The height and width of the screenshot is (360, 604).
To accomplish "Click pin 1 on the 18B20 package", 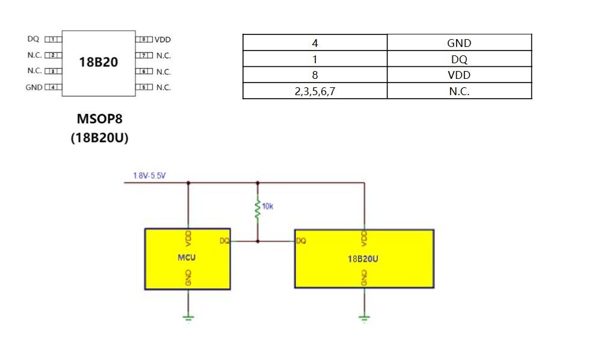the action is point(53,39).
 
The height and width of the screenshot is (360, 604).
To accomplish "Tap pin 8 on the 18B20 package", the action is point(144,39).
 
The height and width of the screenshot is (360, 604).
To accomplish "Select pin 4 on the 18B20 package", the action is point(53,87).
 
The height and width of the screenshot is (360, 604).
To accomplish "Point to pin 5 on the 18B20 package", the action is point(144,87).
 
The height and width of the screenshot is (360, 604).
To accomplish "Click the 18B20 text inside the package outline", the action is point(99,62).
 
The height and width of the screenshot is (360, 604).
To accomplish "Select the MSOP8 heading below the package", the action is point(99,119).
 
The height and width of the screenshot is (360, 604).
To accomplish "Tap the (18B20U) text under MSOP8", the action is point(99,138).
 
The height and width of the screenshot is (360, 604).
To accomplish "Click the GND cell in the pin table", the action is point(459,43).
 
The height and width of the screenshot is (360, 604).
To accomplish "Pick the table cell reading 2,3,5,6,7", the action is point(315,91).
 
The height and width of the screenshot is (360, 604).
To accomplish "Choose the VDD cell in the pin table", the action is point(459,75).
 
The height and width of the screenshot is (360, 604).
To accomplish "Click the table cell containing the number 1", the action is point(315,59).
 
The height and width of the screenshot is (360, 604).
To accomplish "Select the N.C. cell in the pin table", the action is point(459,91).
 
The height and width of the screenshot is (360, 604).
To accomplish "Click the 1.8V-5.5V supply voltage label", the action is point(149,176).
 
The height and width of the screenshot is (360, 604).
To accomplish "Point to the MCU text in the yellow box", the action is point(186,258).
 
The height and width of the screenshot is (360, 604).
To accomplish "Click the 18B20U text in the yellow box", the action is point(363,259).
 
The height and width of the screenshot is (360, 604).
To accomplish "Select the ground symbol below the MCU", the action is point(188,318).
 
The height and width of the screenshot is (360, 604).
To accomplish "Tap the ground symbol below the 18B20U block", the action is point(364,318).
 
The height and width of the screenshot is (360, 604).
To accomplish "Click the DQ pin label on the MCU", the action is point(224,241).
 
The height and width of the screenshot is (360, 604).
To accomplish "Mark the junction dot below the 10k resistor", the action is point(257,241).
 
